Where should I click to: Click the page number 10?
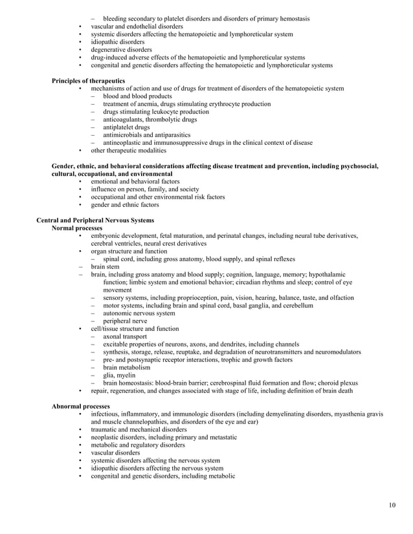(392, 505)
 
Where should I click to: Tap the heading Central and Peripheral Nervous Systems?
(95, 220)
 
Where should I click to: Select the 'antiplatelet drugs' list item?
(126, 127)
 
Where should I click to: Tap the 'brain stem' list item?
(106, 266)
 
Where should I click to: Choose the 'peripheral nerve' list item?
(125, 321)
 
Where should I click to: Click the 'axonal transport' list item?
(125, 336)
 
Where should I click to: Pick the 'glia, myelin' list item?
(120, 375)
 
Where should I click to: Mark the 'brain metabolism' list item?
(126, 367)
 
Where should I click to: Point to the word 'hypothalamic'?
(327, 274)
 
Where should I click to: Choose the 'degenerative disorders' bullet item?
(121, 50)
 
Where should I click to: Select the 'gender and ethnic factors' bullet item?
(124, 205)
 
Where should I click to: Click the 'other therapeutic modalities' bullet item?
(128, 151)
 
